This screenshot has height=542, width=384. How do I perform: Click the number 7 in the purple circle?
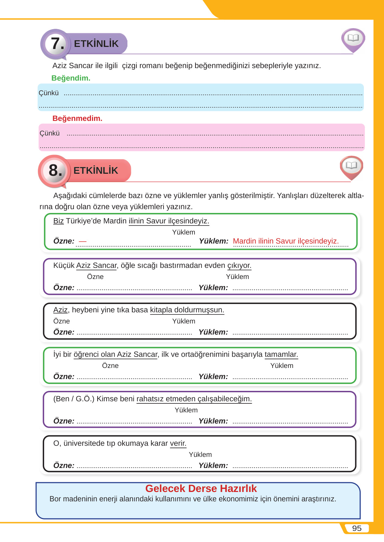pyautogui.click(x=57, y=44)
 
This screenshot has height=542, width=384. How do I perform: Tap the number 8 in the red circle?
pyautogui.click(x=55, y=170)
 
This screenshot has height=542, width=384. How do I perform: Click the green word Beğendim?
pyautogui.click(x=71, y=78)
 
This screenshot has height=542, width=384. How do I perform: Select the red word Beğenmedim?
pyautogui.click(x=77, y=118)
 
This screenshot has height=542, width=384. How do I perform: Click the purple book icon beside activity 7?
pyautogui.click(x=353, y=38)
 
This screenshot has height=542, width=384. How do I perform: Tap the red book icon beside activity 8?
pyautogui.click(x=351, y=166)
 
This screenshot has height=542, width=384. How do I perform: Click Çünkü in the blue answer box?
pyautogui.click(x=49, y=93)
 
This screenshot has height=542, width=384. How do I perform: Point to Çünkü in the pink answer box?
pyautogui.click(x=50, y=133)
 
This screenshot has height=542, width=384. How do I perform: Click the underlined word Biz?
pyautogui.click(x=58, y=221)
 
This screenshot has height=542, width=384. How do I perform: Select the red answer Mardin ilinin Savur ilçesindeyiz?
pyautogui.click(x=286, y=241)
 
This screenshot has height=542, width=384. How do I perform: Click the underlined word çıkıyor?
pyautogui.click(x=239, y=265)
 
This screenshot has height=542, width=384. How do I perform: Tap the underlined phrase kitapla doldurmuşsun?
pyautogui.click(x=187, y=310)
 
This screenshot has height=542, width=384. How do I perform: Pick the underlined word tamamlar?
pyautogui.click(x=281, y=354)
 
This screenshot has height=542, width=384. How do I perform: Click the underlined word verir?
pyautogui.click(x=178, y=443)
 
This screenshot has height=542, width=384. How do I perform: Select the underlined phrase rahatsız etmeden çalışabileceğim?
pyautogui.click(x=194, y=399)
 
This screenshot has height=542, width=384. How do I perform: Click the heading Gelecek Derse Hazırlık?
pyautogui.click(x=201, y=488)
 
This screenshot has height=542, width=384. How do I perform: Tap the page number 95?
pyautogui.click(x=357, y=528)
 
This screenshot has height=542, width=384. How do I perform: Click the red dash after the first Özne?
pyautogui.click(x=83, y=241)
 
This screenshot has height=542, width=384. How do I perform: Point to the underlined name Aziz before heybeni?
pyautogui.click(x=60, y=310)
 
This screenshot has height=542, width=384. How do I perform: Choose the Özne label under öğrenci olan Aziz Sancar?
pyautogui.click(x=110, y=366)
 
